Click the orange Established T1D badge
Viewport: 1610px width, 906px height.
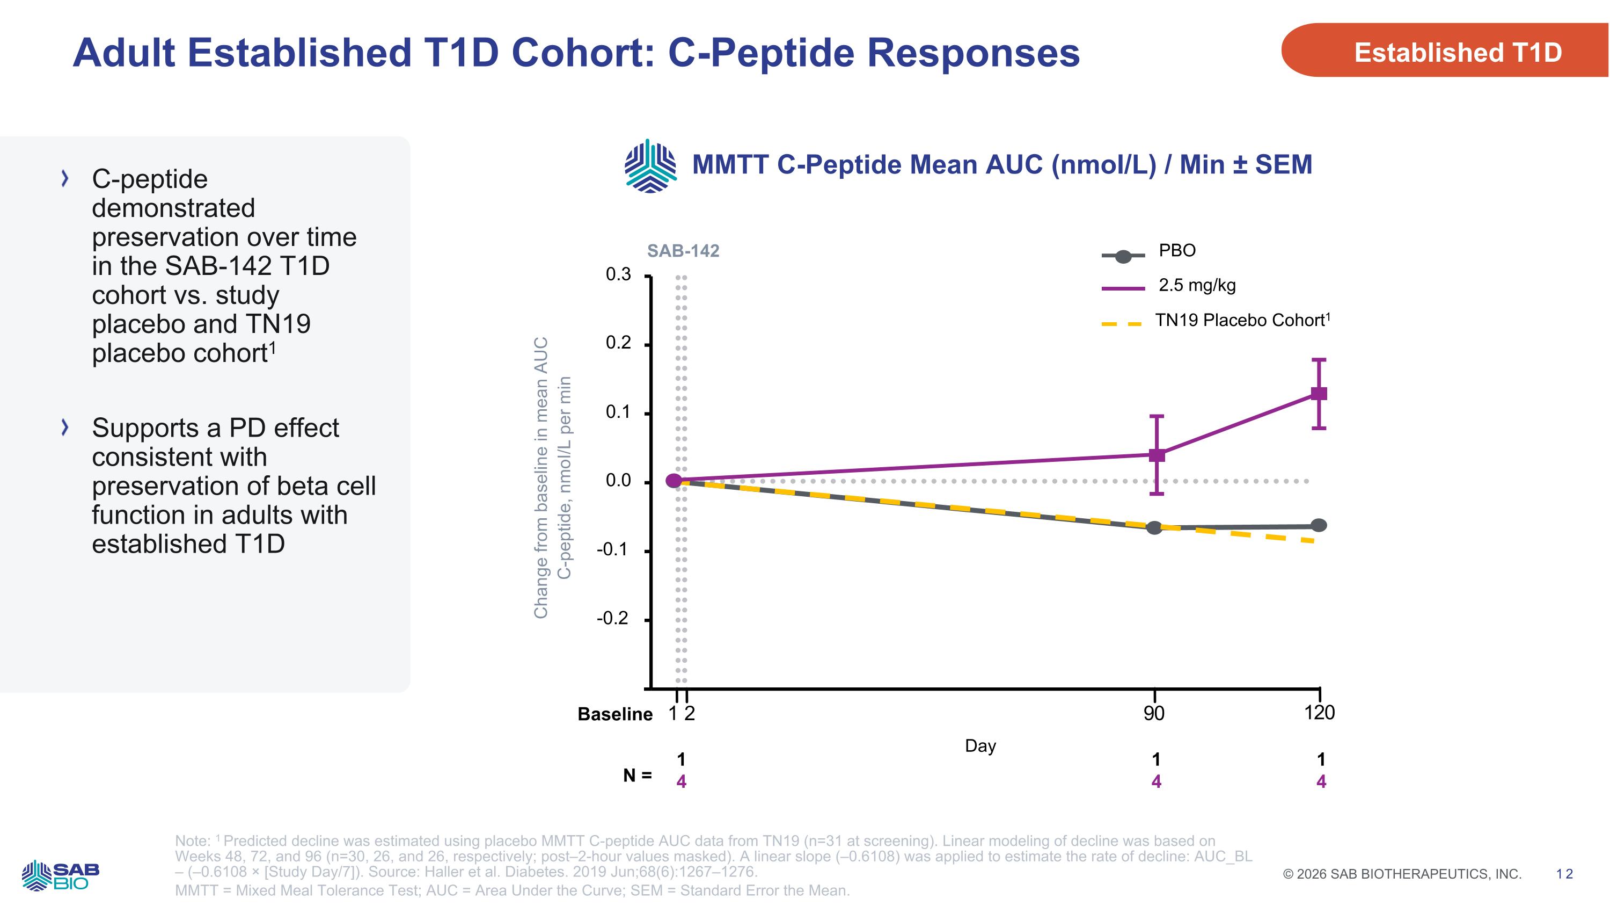click(x=1450, y=52)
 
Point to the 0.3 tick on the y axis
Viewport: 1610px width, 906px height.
click(x=618, y=274)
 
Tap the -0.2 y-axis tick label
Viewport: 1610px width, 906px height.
click(x=612, y=618)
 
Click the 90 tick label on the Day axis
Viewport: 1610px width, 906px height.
click(x=1154, y=713)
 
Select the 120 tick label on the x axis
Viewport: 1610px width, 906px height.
click(x=1319, y=713)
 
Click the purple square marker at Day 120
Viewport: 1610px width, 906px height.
click(x=1319, y=393)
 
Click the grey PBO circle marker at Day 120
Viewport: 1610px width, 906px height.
click(x=1319, y=525)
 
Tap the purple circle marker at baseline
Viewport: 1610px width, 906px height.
click(x=674, y=480)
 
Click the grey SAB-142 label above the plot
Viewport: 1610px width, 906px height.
click(x=683, y=251)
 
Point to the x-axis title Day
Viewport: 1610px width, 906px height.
click(x=980, y=746)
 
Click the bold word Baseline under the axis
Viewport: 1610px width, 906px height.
click(x=614, y=714)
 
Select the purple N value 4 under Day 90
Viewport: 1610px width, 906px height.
click(x=1157, y=781)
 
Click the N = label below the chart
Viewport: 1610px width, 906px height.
click(x=637, y=775)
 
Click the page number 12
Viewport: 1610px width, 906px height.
click(x=1564, y=874)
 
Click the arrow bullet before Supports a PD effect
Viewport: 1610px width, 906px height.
click(x=64, y=427)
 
